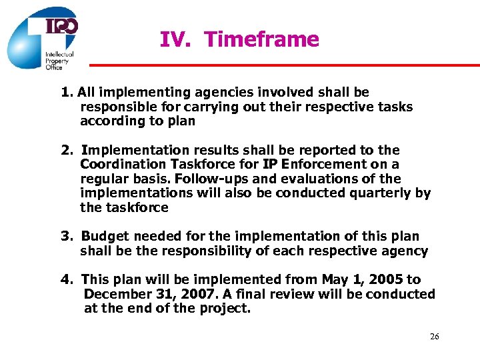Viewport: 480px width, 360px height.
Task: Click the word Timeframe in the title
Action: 262,40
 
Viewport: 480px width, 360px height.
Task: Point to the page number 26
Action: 434,337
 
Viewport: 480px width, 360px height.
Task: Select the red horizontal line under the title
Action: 285,65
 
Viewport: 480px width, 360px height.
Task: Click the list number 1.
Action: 65,93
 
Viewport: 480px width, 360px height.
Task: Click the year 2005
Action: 386,280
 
